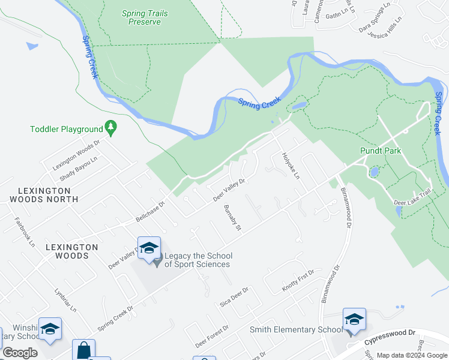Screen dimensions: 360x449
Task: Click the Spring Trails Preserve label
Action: [145, 17]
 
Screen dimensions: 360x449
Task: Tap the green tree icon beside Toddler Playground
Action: [110, 127]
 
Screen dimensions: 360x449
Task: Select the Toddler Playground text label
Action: [67, 129]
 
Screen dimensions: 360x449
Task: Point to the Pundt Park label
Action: [380, 151]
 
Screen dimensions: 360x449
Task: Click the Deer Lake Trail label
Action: [412, 198]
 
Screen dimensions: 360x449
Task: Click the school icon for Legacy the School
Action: [149, 248]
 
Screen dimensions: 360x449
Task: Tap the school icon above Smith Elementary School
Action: [354, 319]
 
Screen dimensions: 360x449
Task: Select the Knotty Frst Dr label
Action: [298, 281]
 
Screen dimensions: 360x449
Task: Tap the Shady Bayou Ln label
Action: [78, 169]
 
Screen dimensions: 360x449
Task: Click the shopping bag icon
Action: [83, 350]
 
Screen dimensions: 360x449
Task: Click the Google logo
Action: [20, 353]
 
